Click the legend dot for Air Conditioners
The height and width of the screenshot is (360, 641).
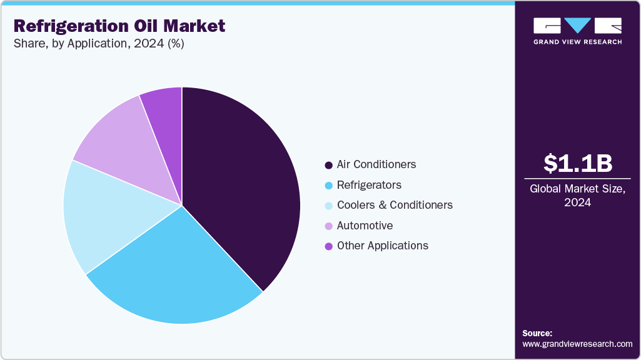tap(328, 166)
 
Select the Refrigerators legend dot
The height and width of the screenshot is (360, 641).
tap(328, 186)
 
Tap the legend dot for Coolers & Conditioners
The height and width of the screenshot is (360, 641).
tap(328, 206)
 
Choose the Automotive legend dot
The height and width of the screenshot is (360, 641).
tap(328, 226)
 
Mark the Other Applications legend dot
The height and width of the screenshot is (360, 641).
tap(328, 246)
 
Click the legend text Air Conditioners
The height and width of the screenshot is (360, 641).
tap(376, 165)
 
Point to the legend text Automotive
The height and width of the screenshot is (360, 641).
tap(365, 226)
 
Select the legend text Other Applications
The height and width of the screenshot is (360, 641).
tap(382, 246)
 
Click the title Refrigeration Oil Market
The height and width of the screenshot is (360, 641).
tap(119, 26)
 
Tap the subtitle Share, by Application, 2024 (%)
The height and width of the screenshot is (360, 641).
tap(99, 44)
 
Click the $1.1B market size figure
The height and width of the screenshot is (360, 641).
tap(577, 164)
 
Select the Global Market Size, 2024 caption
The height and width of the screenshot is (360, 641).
tap(577, 195)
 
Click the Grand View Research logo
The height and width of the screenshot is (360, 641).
tap(577, 31)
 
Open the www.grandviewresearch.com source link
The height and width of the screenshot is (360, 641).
tap(577, 344)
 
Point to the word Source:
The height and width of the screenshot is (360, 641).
tap(537, 333)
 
